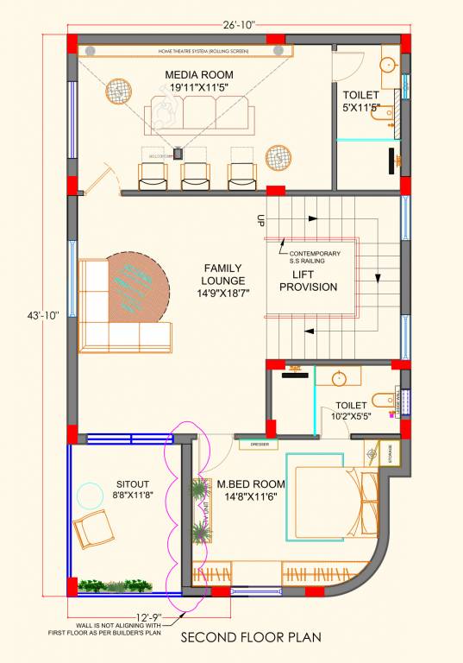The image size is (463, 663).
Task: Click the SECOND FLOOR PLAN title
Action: pyautogui.click(x=250, y=638)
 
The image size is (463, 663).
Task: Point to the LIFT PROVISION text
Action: pyautogui.click(x=309, y=281)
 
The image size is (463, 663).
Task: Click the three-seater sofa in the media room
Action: pyautogui.click(x=199, y=113)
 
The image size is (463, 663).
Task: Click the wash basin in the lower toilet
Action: pyautogui.click(x=340, y=378)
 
